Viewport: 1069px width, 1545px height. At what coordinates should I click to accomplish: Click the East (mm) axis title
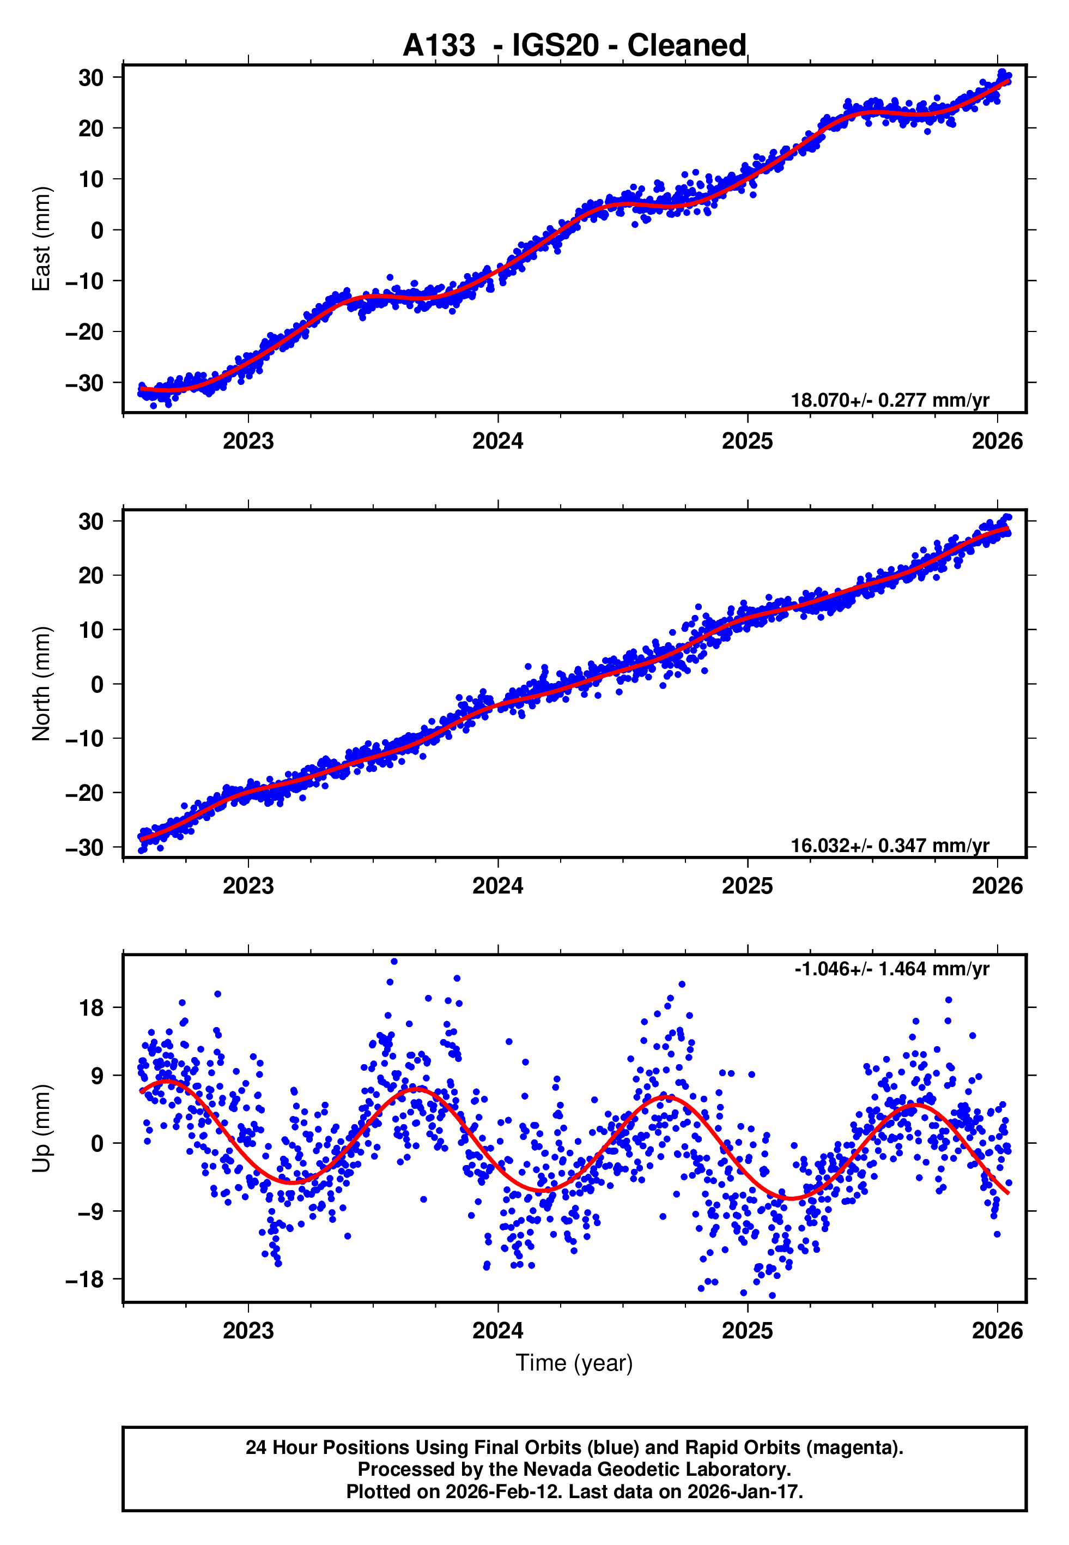[41, 239]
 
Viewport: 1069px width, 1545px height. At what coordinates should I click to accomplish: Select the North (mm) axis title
[41, 684]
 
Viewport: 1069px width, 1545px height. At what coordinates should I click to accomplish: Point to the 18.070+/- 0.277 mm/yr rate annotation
[890, 401]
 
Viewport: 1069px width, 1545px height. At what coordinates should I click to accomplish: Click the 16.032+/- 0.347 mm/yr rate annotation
[890, 846]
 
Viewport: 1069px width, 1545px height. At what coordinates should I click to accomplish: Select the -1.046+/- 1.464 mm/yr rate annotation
[891, 969]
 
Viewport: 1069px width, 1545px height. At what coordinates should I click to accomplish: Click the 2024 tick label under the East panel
[497, 441]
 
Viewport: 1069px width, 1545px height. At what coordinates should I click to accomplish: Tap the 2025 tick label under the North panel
[747, 886]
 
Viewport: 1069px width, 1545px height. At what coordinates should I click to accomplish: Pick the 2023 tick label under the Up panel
[248, 1330]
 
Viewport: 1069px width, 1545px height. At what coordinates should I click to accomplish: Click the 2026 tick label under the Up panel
[997, 1330]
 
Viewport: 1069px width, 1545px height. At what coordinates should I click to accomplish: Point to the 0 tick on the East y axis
[98, 231]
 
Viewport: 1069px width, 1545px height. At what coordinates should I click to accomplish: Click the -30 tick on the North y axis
[84, 848]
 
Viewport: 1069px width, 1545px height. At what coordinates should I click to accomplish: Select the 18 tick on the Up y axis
[92, 1007]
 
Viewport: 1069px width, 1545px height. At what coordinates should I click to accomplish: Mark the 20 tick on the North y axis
[92, 576]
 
